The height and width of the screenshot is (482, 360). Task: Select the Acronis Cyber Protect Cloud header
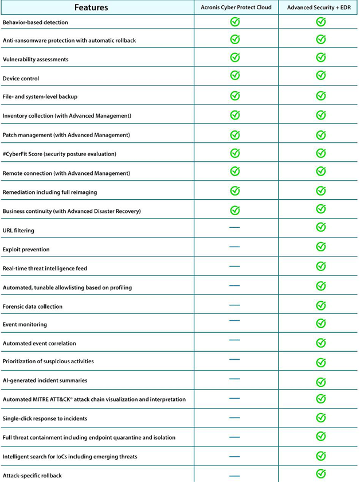(x=236, y=7)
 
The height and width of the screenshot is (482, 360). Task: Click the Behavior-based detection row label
(x=36, y=22)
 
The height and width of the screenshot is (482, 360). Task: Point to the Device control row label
(x=21, y=78)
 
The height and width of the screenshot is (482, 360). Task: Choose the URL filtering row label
(x=18, y=230)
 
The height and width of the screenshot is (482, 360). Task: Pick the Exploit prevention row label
(x=26, y=250)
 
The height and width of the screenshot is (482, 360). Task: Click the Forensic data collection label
(x=33, y=306)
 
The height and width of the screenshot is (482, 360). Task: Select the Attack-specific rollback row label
(x=32, y=476)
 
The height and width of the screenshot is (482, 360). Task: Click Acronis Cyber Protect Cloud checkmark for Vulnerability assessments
(x=234, y=57)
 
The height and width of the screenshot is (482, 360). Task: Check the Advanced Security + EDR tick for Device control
(x=321, y=75)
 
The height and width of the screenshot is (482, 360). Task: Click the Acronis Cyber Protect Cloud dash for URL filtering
(x=234, y=228)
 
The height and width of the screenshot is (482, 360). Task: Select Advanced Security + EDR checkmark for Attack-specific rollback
(x=321, y=473)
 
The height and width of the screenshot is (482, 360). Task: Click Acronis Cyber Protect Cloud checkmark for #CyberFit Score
(x=234, y=153)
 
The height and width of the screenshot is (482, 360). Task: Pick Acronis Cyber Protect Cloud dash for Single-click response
(x=234, y=418)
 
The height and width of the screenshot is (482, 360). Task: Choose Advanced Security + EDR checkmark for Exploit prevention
(x=321, y=247)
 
